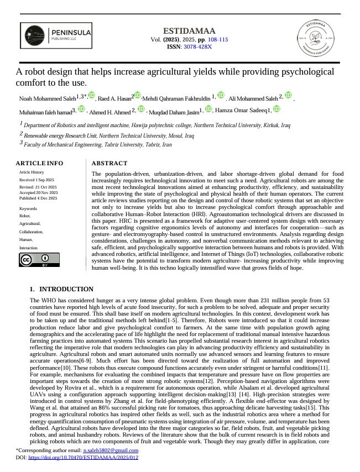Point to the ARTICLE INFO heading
coord(39,163)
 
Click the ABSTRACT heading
coord(109,163)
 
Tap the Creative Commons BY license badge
coord(39,260)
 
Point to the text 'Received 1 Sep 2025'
coord(37,180)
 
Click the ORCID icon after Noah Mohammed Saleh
coord(91,96)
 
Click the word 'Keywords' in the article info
coord(29,208)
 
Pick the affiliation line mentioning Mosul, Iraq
coord(109,134)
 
